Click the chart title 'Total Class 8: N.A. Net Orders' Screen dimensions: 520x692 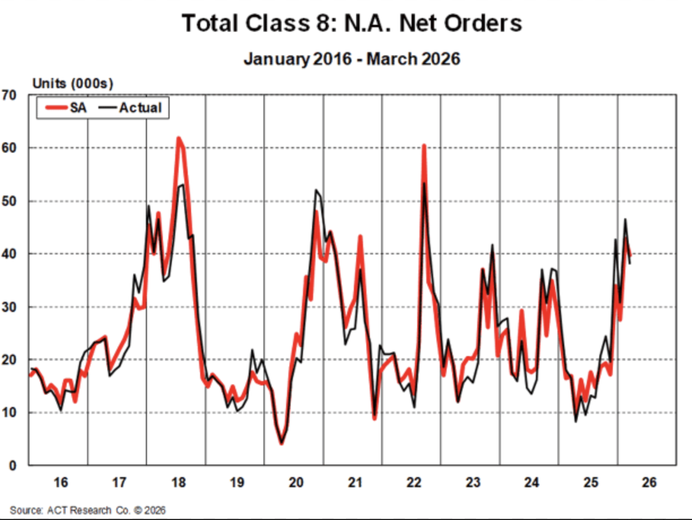point(351,24)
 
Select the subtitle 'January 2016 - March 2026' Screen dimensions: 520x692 point(351,58)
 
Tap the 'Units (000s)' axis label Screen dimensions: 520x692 point(72,84)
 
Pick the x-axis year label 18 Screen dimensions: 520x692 point(178,483)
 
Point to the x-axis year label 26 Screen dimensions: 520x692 point(648,483)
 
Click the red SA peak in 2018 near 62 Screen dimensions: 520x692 point(178,138)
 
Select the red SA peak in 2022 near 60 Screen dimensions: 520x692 point(423,146)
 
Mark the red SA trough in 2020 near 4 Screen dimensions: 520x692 point(281,443)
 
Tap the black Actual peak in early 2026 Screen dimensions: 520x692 point(625,219)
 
